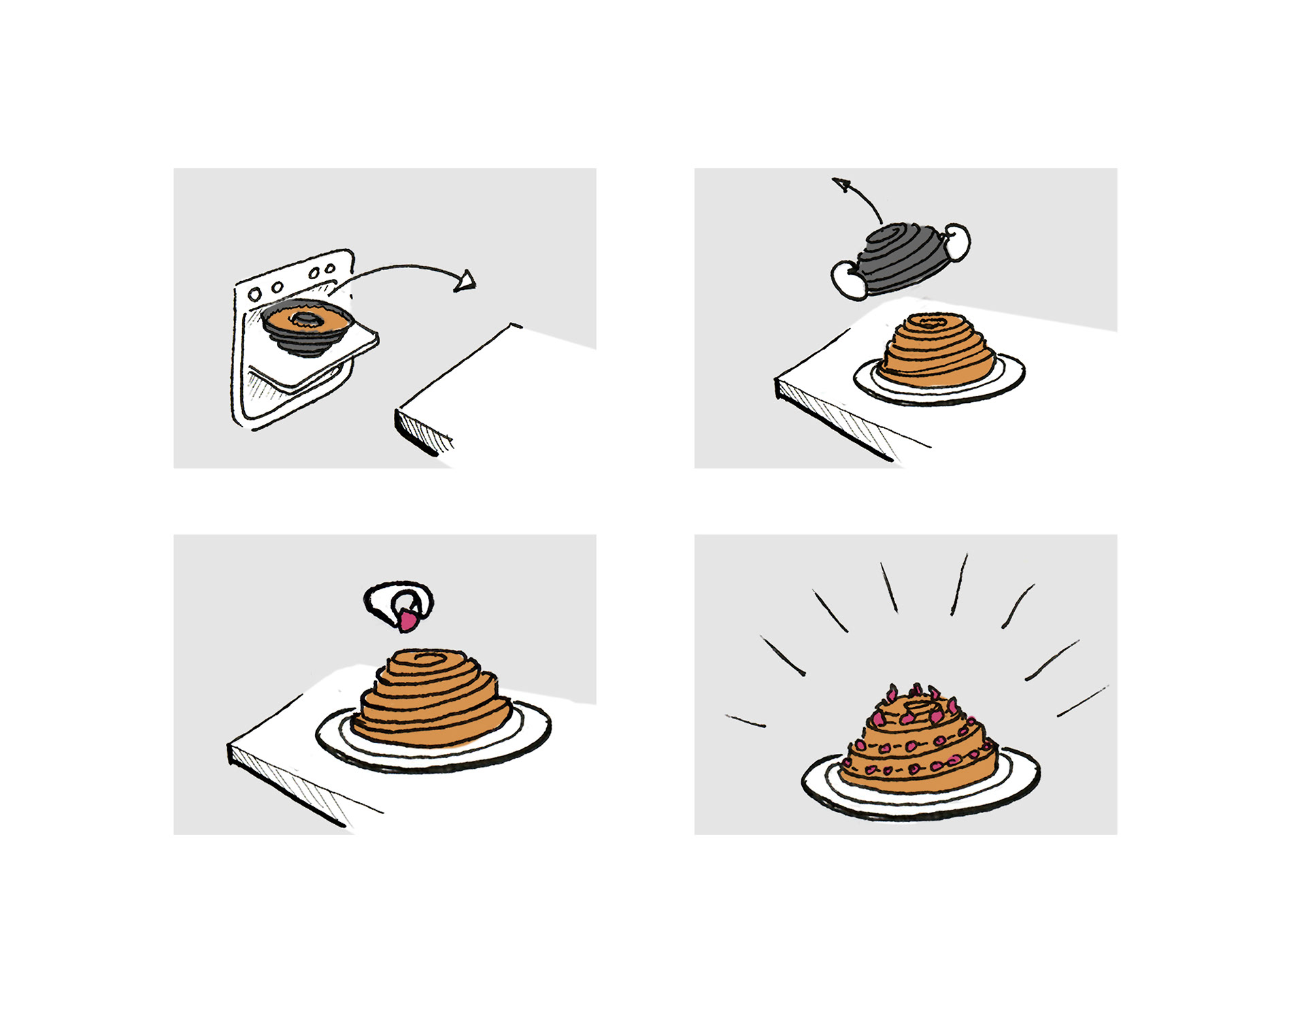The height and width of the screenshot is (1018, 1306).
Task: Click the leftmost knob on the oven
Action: [x=254, y=295]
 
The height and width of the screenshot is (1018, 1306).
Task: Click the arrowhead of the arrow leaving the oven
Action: [x=466, y=281]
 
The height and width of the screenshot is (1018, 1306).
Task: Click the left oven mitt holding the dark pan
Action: [x=848, y=279]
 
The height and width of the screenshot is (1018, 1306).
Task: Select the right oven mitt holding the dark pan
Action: [x=956, y=242]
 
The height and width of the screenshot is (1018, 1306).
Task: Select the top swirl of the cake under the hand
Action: [x=429, y=659]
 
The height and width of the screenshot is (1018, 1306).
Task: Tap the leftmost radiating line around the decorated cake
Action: [x=745, y=721]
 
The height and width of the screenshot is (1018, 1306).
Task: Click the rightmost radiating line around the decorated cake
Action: [x=1082, y=702]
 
